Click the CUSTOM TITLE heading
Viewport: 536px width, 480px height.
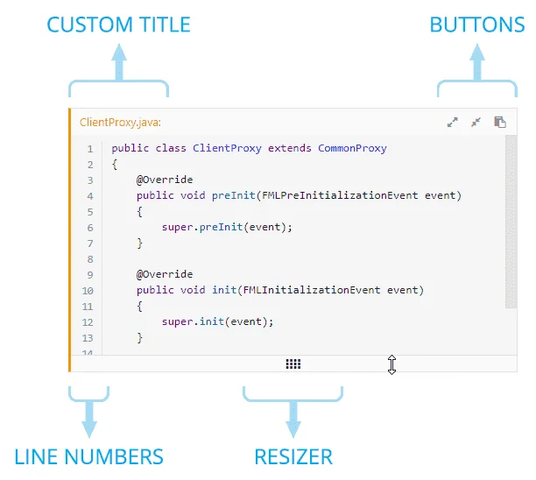(x=118, y=25)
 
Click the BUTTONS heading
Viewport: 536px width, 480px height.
(x=476, y=25)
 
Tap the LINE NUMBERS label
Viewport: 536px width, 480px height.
(x=88, y=456)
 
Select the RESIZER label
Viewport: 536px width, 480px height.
(x=293, y=456)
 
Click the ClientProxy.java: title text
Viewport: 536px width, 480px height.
(x=120, y=123)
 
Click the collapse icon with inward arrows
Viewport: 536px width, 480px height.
(x=476, y=122)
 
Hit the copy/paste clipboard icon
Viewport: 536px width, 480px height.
(x=500, y=122)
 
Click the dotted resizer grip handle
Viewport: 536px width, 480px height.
(x=293, y=364)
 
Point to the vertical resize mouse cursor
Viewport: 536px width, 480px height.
(x=391, y=364)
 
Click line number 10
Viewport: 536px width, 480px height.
(x=88, y=291)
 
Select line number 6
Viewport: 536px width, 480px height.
(x=90, y=228)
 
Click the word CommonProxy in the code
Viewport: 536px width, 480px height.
(x=352, y=148)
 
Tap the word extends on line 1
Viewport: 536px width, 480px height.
(x=290, y=148)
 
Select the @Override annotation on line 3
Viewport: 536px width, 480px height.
(x=165, y=180)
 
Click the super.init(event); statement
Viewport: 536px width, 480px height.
(x=217, y=321)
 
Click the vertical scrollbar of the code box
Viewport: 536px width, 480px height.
(x=511, y=222)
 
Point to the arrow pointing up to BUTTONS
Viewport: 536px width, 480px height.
(x=477, y=62)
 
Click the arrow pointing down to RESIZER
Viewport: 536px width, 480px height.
(x=293, y=420)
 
